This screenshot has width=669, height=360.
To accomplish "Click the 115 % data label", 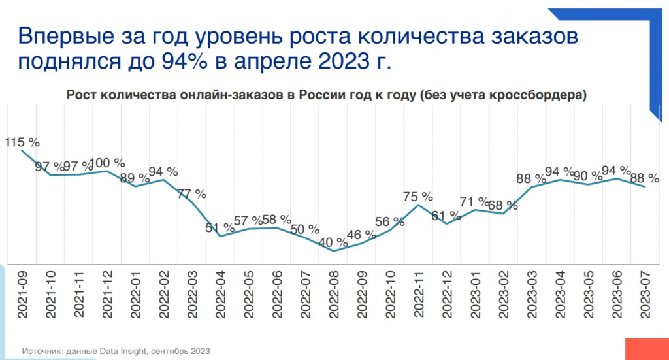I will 23,141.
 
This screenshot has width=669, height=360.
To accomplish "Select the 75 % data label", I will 418,196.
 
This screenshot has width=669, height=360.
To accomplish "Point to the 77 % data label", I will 192,194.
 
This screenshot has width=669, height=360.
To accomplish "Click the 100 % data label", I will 107,163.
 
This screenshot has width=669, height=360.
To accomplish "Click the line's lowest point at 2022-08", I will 333,251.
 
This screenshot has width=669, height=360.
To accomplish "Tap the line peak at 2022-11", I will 418,205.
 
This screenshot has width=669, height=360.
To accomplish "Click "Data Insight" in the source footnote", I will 125,351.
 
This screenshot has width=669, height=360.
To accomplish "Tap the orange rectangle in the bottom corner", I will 647,348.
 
